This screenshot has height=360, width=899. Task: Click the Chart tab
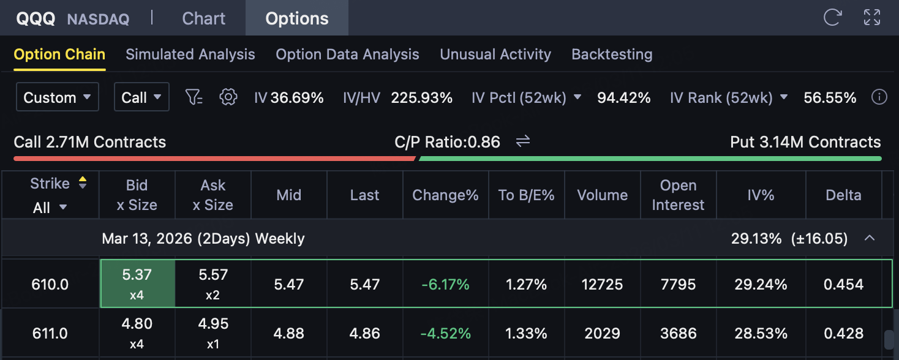point(203,18)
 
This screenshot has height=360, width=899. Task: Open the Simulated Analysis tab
point(190,54)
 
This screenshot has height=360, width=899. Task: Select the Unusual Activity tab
point(495,54)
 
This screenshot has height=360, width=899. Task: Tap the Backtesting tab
point(611,54)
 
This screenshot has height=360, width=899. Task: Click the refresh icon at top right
point(832,17)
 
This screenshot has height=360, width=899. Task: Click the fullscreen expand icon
point(871,17)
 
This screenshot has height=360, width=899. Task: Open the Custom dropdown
point(57,97)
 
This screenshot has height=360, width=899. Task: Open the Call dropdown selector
point(141,97)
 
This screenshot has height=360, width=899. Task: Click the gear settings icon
point(228,97)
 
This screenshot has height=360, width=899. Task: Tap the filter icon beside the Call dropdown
point(194,97)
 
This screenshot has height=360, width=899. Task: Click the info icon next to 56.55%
point(879,97)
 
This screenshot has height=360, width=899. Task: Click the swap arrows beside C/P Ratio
point(522,142)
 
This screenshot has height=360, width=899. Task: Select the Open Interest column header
point(678,195)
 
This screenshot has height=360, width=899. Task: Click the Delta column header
point(843,195)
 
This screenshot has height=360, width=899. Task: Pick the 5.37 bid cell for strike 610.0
point(137,283)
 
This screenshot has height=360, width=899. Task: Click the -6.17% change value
point(445,284)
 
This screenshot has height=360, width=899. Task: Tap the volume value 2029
point(602,334)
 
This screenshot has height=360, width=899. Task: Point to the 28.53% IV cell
point(760,334)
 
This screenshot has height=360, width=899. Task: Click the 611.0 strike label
point(50,334)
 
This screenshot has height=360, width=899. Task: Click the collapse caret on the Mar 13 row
point(869,238)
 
